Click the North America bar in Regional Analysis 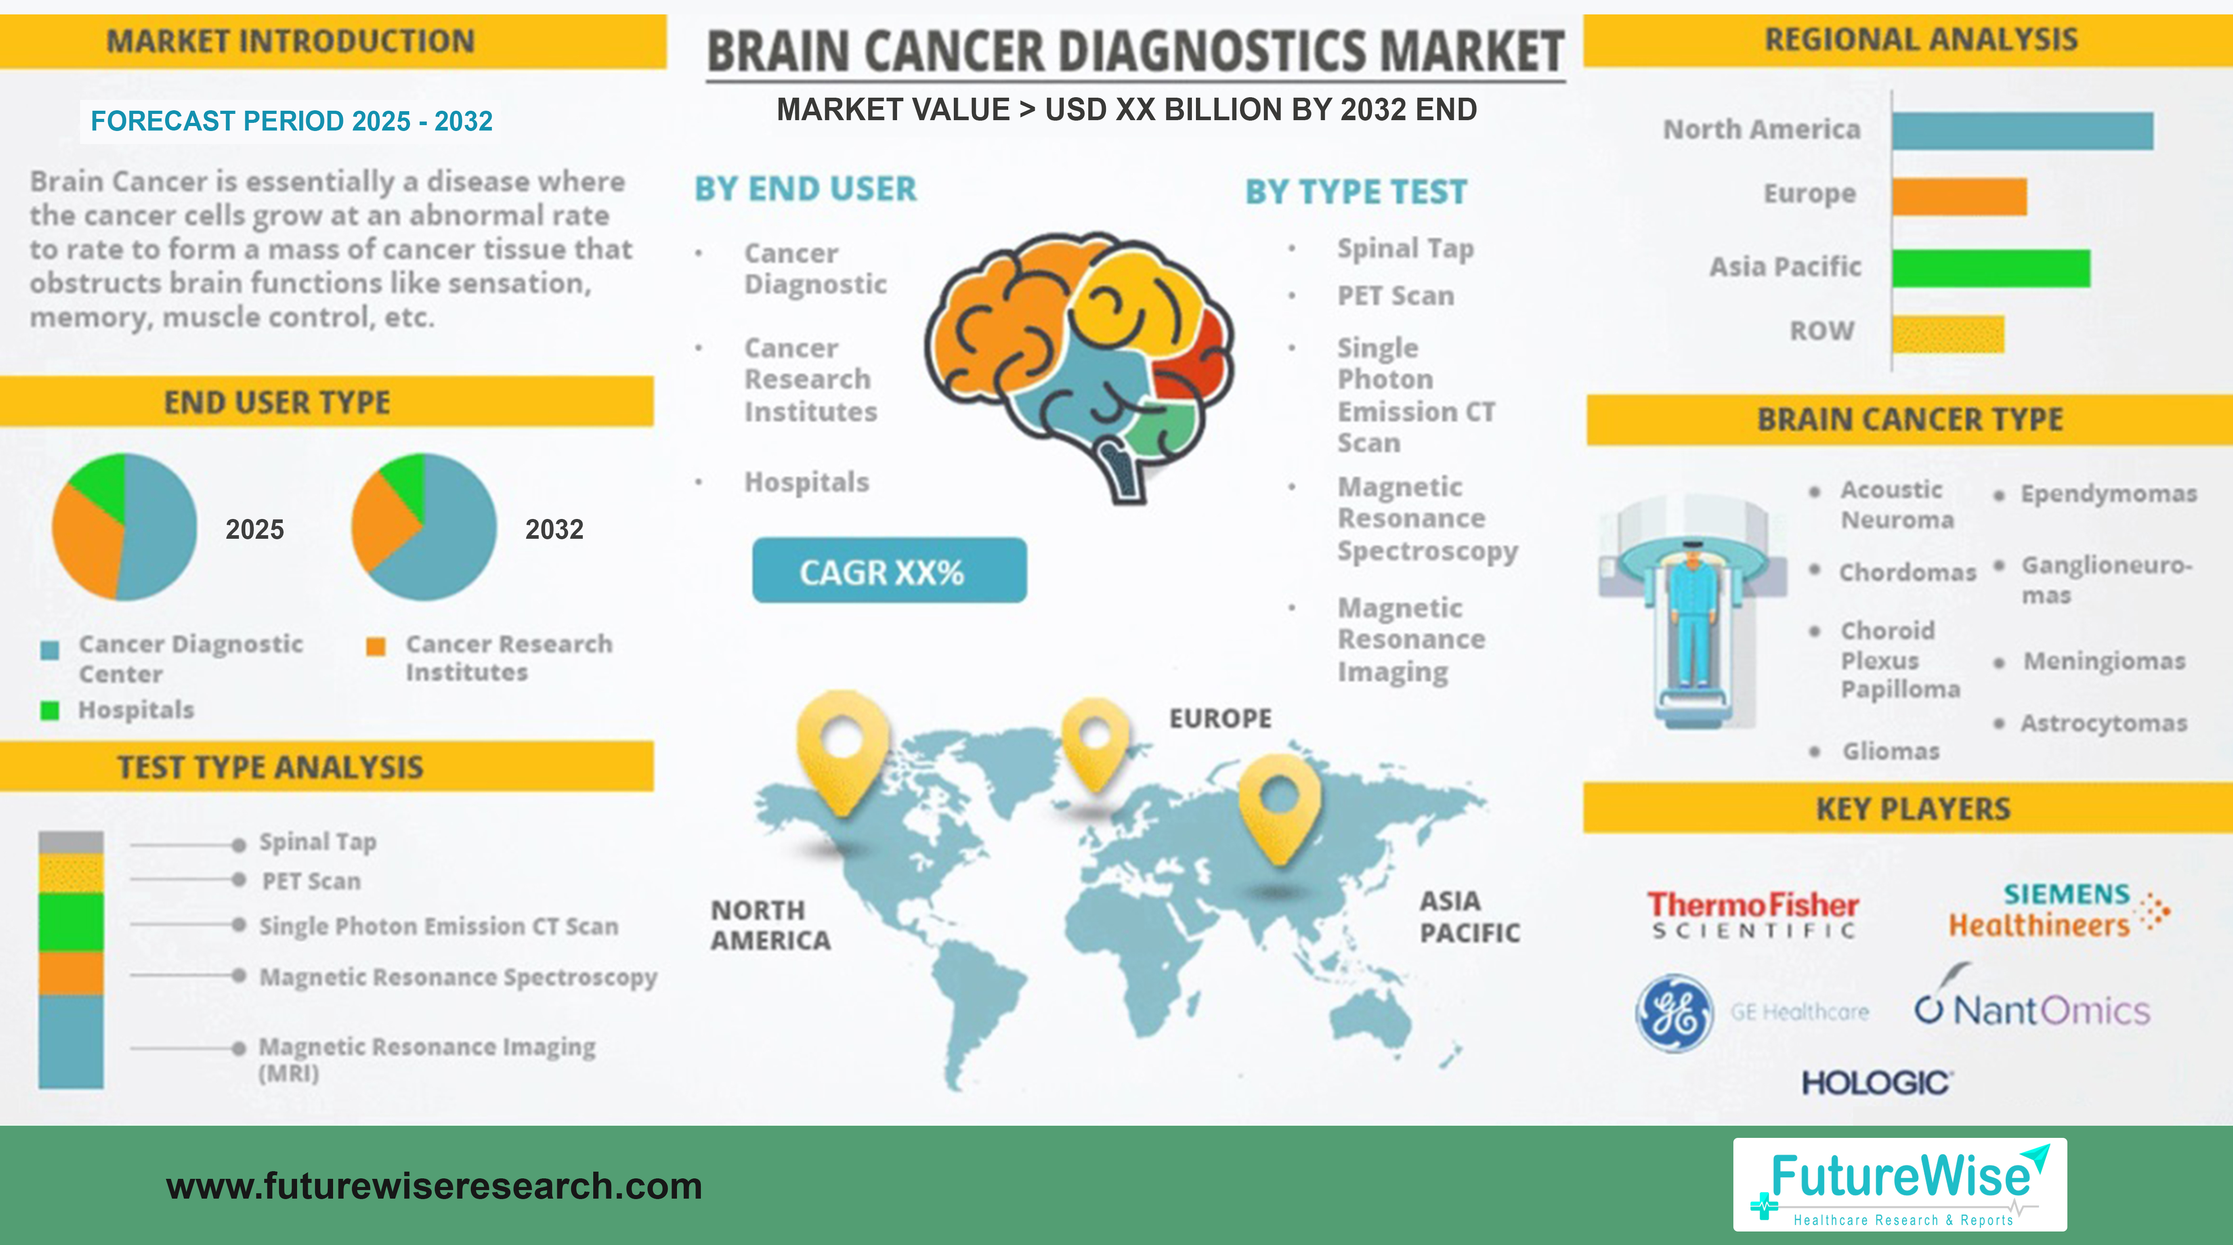2021,131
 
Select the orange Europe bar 1959,197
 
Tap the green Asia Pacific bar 1990,268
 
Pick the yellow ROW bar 1948,334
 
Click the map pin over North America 842,746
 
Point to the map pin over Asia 1279,802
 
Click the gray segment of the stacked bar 71,842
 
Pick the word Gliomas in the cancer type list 1890,751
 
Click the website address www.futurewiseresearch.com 433,1186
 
